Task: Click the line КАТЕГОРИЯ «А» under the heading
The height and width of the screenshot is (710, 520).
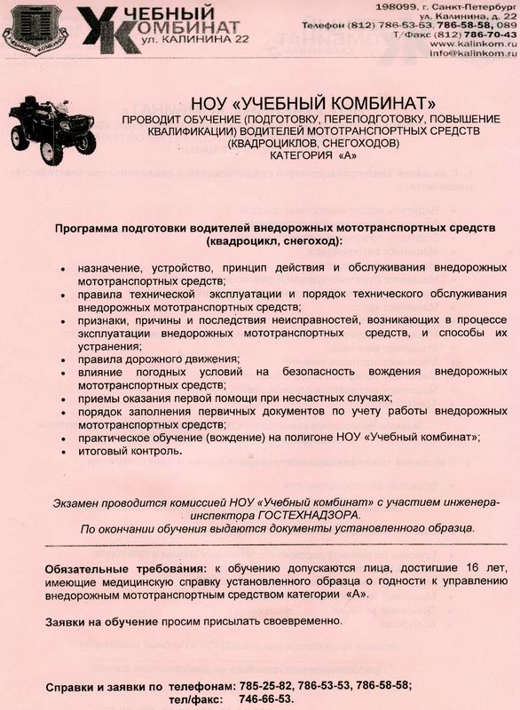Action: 302,155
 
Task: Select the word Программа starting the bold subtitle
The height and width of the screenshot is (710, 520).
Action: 91,228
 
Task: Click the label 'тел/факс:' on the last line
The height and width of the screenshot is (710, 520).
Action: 197,698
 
